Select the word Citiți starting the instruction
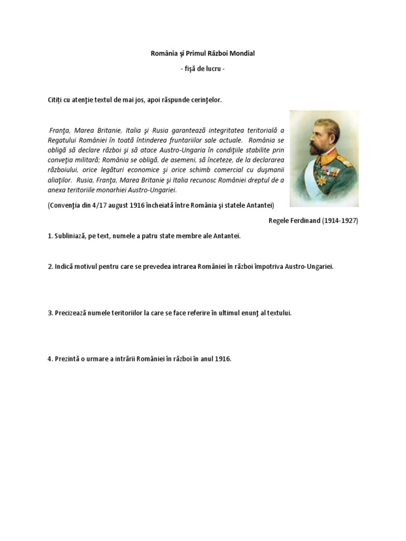click(57, 100)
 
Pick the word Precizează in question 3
click(73, 313)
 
